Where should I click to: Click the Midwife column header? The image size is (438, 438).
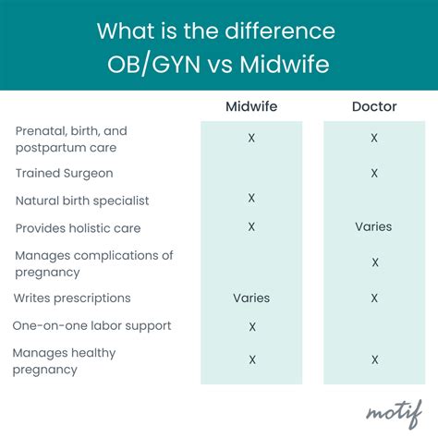tap(251, 107)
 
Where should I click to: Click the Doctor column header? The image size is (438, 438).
tap(373, 107)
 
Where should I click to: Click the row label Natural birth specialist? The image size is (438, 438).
tap(81, 201)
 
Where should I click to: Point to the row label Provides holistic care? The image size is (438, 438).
tap(78, 227)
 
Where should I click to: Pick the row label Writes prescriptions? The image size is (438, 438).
tap(72, 298)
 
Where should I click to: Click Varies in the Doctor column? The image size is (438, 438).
tap(373, 226)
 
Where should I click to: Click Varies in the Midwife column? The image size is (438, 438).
tap(251, 298)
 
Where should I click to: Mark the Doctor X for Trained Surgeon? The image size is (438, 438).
tap(373, 173)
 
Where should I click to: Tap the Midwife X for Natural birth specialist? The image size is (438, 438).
tap(251, 199)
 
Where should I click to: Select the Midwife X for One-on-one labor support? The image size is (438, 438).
tap(251, 326)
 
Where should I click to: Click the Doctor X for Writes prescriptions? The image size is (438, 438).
tap(373, 298)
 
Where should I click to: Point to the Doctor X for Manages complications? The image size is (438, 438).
tap(373, 262)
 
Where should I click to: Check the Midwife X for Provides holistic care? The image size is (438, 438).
tap(251, 226)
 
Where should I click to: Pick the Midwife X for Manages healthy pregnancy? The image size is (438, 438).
tap(251, 359)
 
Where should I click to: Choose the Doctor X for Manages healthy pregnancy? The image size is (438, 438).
tap(373, 359)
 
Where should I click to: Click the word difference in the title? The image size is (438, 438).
tap(278, 30)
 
